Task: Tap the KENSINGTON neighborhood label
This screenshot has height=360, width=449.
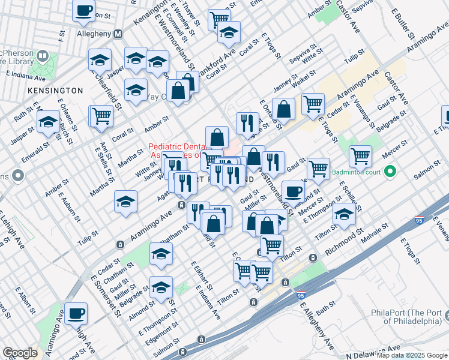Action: (x=55, y=90)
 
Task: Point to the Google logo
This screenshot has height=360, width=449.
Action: (x=20, y=353)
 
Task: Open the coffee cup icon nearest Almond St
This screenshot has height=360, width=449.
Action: (x=293, y=191)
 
